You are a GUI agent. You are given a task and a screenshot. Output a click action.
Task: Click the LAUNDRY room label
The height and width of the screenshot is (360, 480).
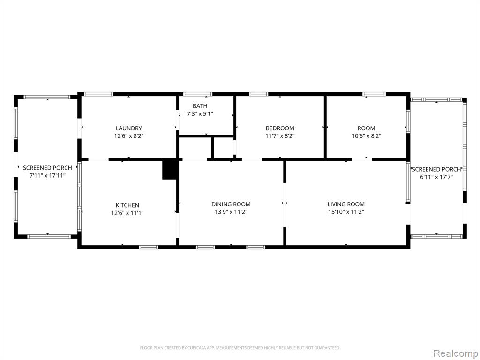128,128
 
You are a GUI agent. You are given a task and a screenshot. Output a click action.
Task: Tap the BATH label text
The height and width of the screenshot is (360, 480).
200,106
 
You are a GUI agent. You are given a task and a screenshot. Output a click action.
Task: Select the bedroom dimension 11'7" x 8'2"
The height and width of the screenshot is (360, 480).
280,136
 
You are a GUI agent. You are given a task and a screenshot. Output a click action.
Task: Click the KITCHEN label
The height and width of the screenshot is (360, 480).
127,205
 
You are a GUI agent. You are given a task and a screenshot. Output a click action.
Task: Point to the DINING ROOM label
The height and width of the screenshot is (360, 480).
231,204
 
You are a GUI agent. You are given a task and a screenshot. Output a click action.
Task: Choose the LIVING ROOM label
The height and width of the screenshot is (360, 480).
346,204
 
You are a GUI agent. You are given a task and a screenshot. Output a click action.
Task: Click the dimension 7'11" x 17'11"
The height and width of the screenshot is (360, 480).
47,176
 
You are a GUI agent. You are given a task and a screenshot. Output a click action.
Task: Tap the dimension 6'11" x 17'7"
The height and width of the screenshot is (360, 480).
436,177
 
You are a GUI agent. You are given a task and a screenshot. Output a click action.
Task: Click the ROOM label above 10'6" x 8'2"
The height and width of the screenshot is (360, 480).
366,128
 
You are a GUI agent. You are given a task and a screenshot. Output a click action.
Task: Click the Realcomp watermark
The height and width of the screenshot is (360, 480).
456,353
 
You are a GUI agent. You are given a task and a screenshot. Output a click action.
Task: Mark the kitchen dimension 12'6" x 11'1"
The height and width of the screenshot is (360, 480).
127,213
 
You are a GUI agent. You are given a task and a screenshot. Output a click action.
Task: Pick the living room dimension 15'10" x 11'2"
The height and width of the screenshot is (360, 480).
346,212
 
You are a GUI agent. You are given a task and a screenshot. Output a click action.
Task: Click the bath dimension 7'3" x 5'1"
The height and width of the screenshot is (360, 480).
200,114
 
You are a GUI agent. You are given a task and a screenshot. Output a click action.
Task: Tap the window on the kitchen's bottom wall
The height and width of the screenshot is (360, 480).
149,247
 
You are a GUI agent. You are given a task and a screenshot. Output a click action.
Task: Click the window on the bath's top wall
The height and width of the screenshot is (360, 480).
197,94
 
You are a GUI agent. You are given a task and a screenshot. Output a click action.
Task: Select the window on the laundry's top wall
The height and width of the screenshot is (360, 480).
98,94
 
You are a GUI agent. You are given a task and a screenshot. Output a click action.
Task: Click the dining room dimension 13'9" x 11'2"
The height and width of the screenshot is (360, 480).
231,212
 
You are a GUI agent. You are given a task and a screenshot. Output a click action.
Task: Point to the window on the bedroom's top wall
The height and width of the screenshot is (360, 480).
259,94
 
